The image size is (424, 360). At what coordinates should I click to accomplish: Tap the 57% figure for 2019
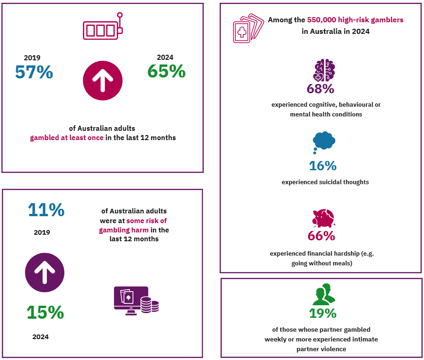click(x=34, y=72)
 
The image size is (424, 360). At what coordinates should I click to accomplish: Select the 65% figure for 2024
click(x=166, y=71)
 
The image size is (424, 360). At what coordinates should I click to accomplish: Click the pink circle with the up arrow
click(x=102, y=81)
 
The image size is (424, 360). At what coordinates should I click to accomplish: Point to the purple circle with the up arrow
click(x=44, y=273)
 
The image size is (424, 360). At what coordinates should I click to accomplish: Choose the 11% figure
click(x=46, y=210)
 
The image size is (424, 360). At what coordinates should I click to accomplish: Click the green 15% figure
click(x=45, y=312)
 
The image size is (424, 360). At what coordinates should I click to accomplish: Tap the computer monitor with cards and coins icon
click(x=136, y=301)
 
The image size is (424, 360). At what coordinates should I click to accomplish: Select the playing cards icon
click(x=248, y=29)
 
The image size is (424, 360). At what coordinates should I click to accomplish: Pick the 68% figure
click(x=320, y=89)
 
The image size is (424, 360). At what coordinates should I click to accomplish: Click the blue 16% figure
click(x=323, y=166)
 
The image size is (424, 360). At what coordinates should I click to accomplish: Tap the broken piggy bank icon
click(x=323, y=218)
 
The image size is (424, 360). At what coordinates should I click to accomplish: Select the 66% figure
click(x=321, y=236)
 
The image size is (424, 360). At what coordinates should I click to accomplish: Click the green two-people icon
click(x=324, y=295)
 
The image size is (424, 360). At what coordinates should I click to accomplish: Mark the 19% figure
click(x=323, y=313)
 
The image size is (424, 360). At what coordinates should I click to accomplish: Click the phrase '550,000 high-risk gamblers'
click(x=355, y=20)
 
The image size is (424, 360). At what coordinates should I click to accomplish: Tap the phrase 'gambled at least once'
click(x=66, y=138)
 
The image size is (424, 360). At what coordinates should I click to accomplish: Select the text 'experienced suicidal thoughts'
click(x=325, y=182)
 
